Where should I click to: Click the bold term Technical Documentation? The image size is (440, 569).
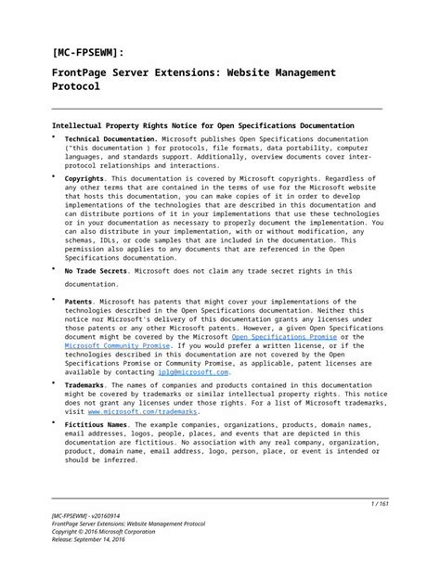(104, 138)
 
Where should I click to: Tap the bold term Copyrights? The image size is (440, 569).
(84, 178)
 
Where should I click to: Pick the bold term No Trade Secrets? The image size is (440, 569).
(96, 271)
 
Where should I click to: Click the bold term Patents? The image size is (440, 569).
(78, 302)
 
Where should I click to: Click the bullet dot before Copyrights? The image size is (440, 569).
(54, 175)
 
